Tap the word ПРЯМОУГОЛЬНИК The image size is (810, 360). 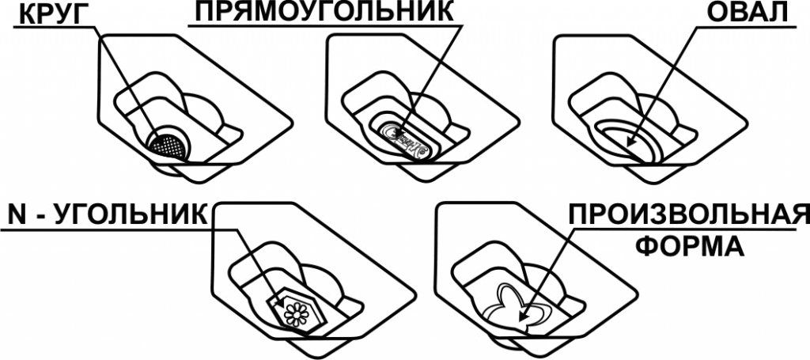pyautogui.click(x=324, y=12)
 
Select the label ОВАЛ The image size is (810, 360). pyautogui.click(x=745, y=13)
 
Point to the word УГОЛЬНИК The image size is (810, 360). pyautogui.click(x=137, y=216)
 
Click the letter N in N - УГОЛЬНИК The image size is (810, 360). pyautogui.click(x=17, y=216)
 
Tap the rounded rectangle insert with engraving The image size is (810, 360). pyautogui.click(x=406, y=139)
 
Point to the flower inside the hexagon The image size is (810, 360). pyautogui.click(x=296, y=313)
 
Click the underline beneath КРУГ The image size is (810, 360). pyautogui.click(x=55, y=27)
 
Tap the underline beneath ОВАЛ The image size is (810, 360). pyautogui.click(x=747, y=27)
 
